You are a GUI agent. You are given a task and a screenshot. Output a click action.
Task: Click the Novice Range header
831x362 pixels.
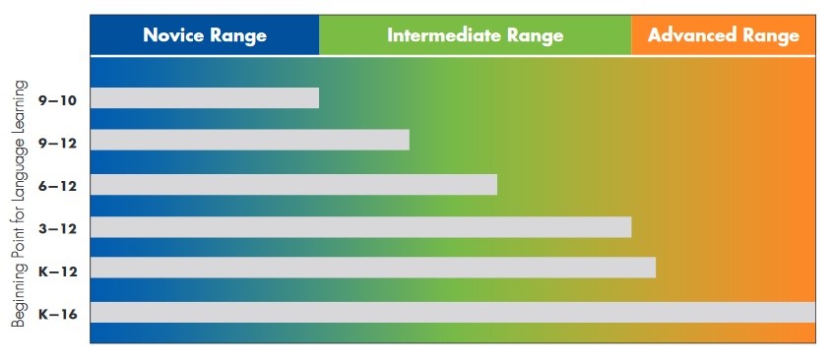pyautogui.click(x=205, y=35)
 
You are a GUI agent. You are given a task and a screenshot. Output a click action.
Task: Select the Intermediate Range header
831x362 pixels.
pyautogui.click(x=475, y=35)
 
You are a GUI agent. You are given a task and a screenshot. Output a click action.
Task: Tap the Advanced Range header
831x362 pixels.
pyautogui.click(x=724, y=35)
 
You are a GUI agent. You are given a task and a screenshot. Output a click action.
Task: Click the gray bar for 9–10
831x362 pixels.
pyautogui.click(x=205, y=98)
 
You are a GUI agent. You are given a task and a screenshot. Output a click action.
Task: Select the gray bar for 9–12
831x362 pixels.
pyautogui.click(x=249, y=141)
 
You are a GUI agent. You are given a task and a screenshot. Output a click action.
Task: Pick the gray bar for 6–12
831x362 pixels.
pyautogui.click(x=293, y=185)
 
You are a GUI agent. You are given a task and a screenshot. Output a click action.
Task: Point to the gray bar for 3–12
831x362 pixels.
pyautogui.click(x=360, y=227)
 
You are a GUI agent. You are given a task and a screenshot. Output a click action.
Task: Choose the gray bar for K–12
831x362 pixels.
pyautogui.click(x=372, y=268)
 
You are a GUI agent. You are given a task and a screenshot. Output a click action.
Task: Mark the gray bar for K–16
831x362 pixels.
pyautogui.click(x=453, y=312)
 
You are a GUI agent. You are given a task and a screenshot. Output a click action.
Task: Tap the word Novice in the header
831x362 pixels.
pyautogui.click(x=174, y=35)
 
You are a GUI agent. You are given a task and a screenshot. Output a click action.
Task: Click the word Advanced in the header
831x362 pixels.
pyautogui.click(x=693, y=35)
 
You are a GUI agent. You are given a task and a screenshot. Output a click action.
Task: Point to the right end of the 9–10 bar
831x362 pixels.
pyautogui.click(x=316, y=98)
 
